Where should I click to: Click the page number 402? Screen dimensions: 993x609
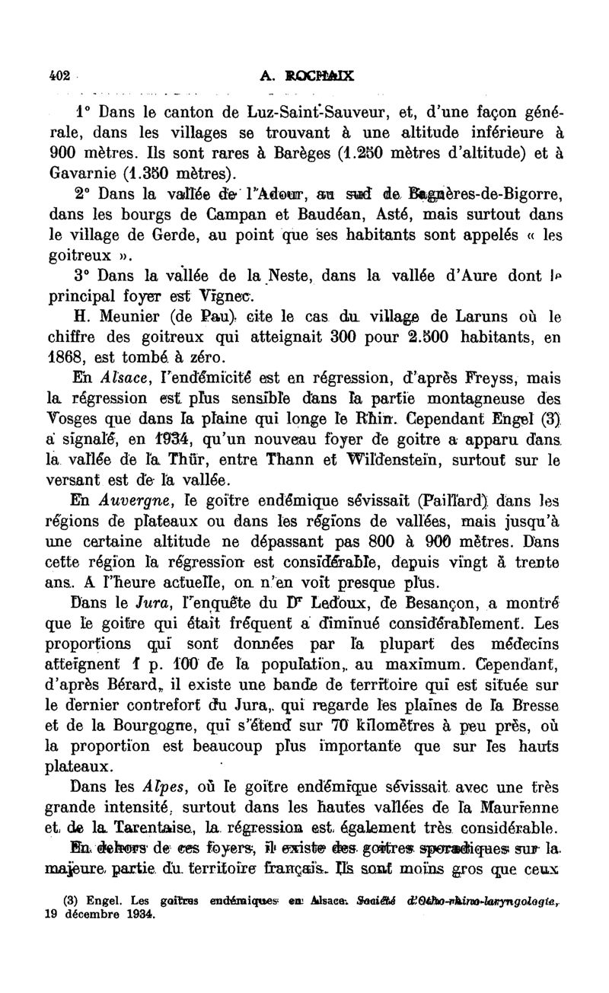click(59, 75)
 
